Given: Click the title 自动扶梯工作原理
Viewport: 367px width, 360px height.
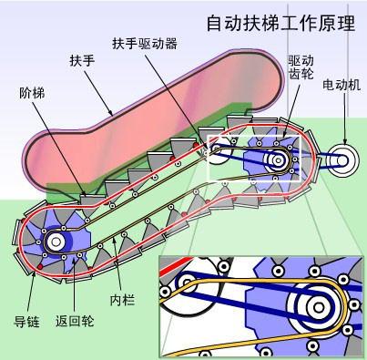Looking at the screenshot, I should [x=280, y=23].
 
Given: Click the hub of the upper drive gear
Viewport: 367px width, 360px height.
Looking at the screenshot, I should [x=276, y=159].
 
